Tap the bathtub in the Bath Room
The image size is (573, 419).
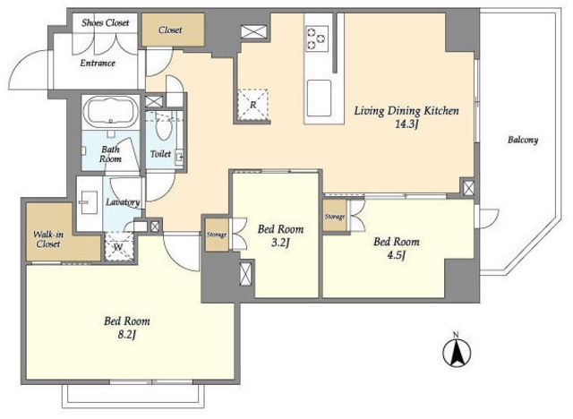pos(111,112)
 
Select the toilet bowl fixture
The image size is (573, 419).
pos(162,129)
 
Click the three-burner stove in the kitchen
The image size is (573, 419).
pos(317,38)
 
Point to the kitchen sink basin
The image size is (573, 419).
pos(319,98)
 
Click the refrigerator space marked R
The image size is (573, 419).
pos(252,104)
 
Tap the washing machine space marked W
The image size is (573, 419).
pos(119,246)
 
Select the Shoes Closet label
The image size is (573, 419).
pos(106,22)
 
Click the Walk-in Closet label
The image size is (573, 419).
pos(47,239)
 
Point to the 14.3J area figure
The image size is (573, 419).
pos(406,124)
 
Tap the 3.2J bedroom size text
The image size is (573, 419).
pos(280,243)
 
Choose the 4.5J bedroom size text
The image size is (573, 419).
pos(396,255)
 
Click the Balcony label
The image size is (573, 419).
pos(523,140)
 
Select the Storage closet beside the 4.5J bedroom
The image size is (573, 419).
pos(335,216)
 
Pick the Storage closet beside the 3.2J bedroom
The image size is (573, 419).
pos(217,235)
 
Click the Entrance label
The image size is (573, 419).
pos(98,63)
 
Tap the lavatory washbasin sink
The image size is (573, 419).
pos(88,202)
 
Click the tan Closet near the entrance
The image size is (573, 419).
pos(173,30)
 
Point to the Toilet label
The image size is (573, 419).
pos(160,154)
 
